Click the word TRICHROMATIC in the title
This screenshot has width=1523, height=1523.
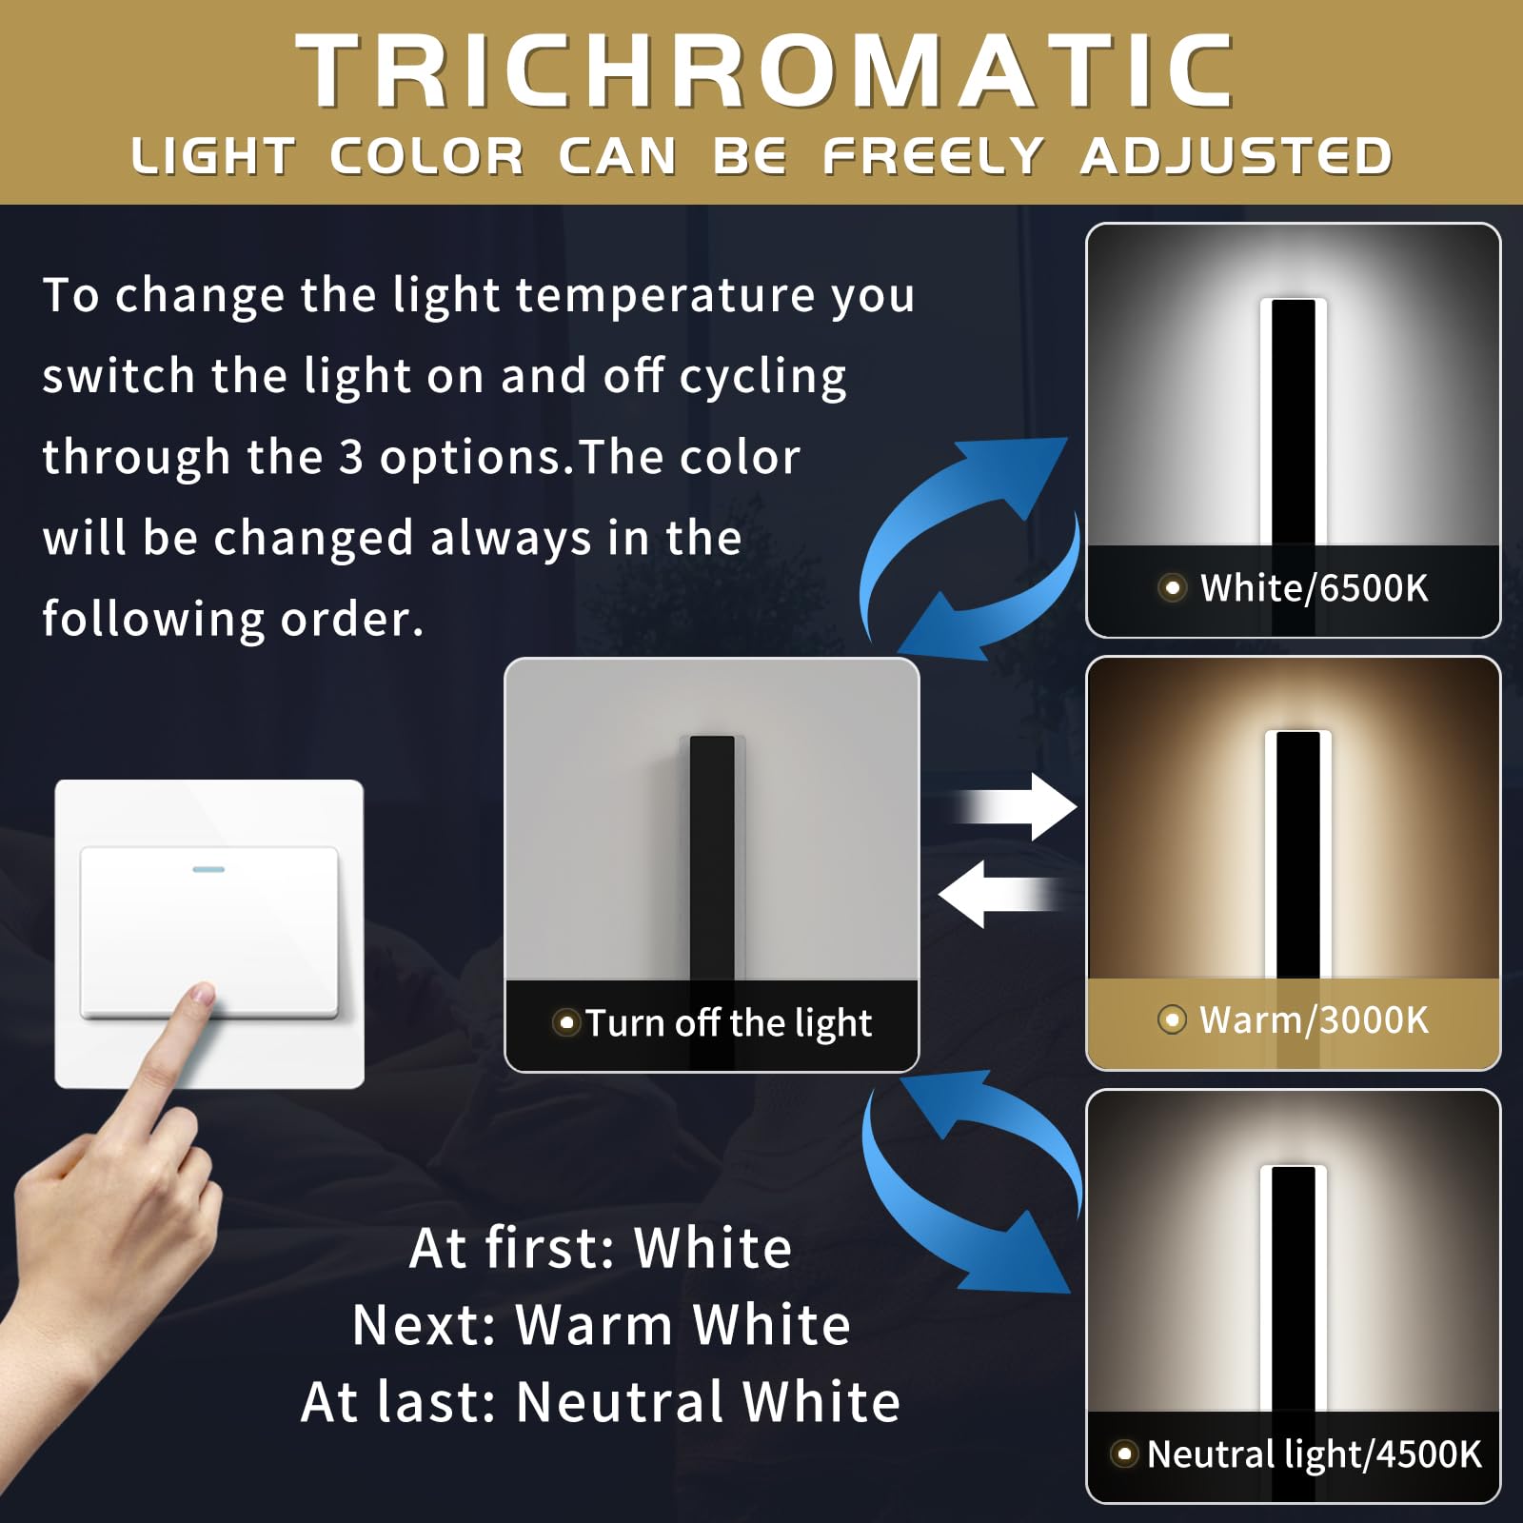tap(766, 71)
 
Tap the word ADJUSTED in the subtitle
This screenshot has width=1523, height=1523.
tap(1236, 157)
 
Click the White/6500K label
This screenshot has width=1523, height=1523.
tap(1314, 588)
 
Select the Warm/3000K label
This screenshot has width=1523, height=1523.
tap(1314, 1020)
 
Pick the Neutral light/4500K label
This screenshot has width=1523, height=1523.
tap(1314, 1454)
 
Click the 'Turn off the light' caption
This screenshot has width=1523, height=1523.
tap(728, 1023)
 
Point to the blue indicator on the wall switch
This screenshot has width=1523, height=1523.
tap(208, 869)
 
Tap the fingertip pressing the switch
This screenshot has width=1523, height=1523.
tap(201, 996)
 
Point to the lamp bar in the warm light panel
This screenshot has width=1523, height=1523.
tap(1297, 852)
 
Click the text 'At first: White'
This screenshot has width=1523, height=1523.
tap(601, 1248)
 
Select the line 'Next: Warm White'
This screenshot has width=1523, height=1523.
tap(601, 1325)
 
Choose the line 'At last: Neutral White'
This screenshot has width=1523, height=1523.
tap(601, 1402)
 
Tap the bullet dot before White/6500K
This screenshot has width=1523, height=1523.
tap(1173, 588)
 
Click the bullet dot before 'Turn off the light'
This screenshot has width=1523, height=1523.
tap(566, 1023)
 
